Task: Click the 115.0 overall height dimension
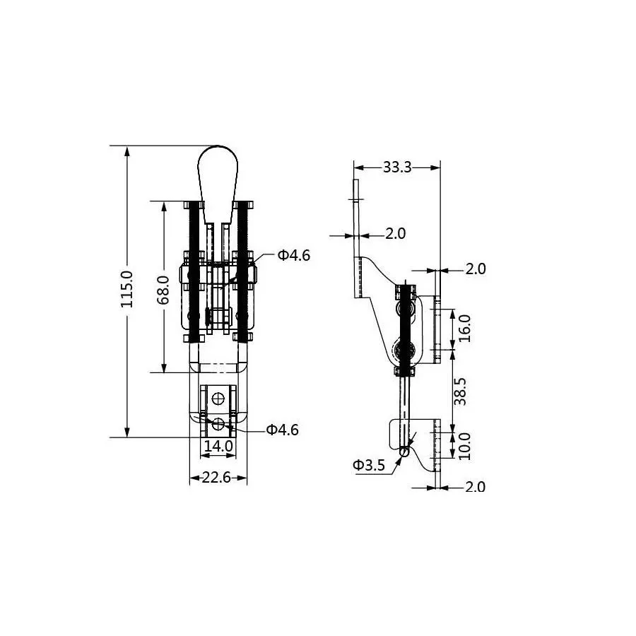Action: click(x=127, y=289)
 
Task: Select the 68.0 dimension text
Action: click(x=163, y=290)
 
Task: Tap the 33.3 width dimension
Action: click(x=397, y=167)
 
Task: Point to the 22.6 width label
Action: click(x=216, y=478)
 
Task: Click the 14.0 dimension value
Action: click(x=218, y=446)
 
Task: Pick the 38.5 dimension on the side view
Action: click(x=461, y=391)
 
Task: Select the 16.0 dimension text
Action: click(x=465, y=328)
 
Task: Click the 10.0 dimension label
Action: click(x=465, y=446)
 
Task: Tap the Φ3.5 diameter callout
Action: click(x=368, y=465)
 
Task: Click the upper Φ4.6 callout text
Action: click(x=294, y=255)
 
